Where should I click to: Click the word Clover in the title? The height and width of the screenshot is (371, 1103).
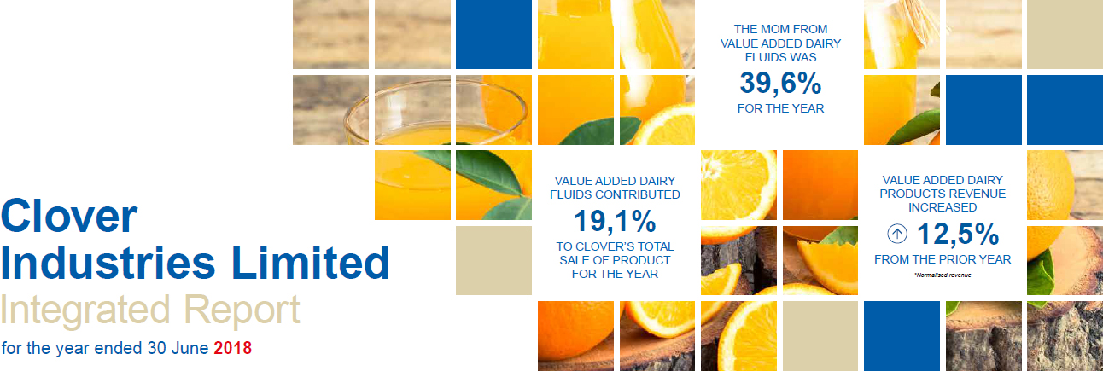[69, 216]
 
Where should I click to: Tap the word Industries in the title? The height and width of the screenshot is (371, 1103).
[108, 263]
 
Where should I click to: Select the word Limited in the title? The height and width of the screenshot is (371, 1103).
[310, 263]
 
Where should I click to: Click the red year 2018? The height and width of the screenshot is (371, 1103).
[232, 348]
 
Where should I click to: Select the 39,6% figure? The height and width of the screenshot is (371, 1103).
[780, 83]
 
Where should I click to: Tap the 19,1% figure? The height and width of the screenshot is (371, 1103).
[615, 221]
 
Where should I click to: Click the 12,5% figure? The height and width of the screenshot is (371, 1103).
[958, 234]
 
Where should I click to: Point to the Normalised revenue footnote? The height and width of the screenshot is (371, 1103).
[943, 275]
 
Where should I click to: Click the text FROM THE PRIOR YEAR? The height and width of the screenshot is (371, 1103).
[943, 259]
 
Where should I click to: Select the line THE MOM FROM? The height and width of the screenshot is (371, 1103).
[780, 29]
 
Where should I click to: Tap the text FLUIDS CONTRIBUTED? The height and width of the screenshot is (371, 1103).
[615, 194]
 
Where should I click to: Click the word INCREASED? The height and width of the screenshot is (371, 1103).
[943, 207]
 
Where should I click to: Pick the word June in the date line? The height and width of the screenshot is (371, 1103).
[190, 348]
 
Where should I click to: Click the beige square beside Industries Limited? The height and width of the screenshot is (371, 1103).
[493, 260]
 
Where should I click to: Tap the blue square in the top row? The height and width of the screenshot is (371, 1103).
[493, 34]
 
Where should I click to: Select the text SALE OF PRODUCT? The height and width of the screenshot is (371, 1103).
[615, 260]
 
